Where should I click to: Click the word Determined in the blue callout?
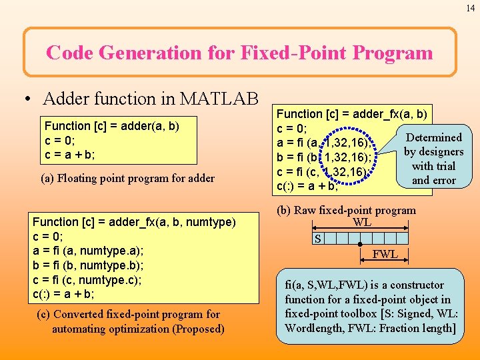coord(434,137)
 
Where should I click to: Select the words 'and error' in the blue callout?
coord(434,180)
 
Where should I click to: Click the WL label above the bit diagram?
coord(362,223)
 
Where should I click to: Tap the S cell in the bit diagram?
coord(319,238)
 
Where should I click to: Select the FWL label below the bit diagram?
coord(385,254)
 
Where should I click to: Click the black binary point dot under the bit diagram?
coord(360,245)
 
